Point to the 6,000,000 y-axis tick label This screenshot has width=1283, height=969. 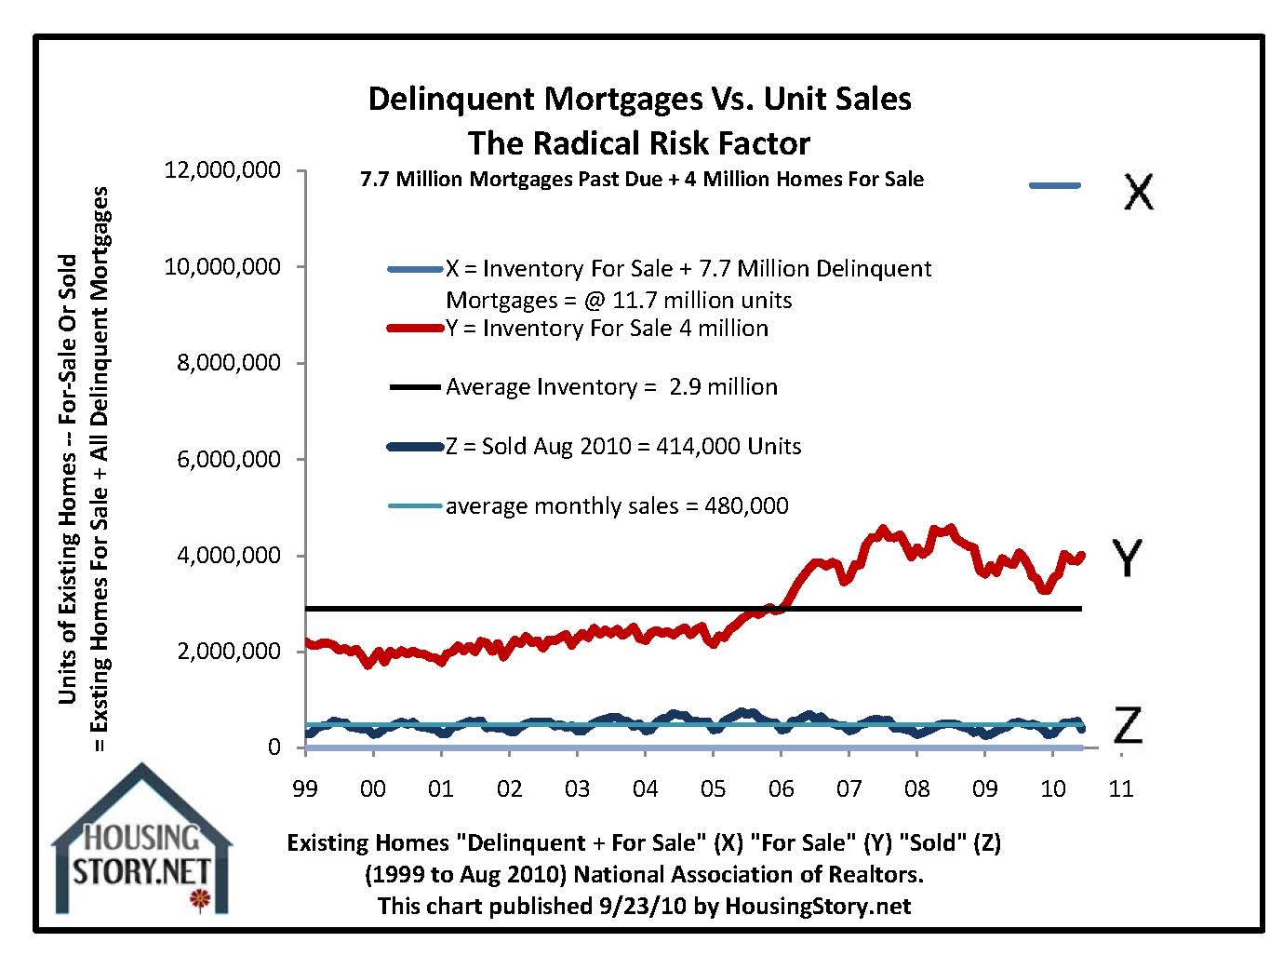click(x=230, y=459)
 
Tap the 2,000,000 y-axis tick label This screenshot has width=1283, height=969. click(x=230, y=651)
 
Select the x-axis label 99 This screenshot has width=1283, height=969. click(x=304, y=788)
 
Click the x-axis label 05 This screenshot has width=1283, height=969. click(x=713, y=788)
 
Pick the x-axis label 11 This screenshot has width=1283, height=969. click(x=1121, y=788)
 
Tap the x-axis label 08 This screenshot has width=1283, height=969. click(x=916, y=788)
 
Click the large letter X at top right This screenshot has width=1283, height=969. click(x=1137, y=191)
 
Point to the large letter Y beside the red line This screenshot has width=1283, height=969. click(x=1127, y=558)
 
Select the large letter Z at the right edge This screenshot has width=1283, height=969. click(x=1127, y=724)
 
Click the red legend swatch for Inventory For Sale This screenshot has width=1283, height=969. click(x=415, y=328)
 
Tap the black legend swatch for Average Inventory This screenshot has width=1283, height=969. click(x=415, y=386)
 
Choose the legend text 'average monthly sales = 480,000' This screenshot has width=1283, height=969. click(x=617, y=505)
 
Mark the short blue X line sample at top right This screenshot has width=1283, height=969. click(x=1055, y=185)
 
